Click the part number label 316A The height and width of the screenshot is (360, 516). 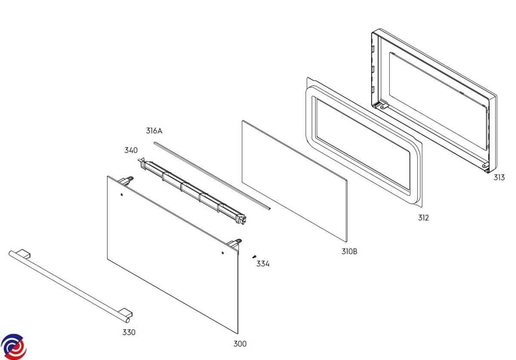click(x=154, y=131)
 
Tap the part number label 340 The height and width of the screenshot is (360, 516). click(x=131, y=150)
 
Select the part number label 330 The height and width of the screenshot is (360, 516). click(x=129, y=333)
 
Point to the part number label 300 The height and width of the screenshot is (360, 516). click(x=240, y=344)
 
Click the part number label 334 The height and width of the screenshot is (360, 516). click(x=263, y=264)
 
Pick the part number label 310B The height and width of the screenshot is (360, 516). click(x=349, y=252)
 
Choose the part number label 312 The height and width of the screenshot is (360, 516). click(x=424, y=218)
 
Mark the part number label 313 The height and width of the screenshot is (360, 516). click(x=499, y=177)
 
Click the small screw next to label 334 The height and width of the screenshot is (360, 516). click(x=254, y=256)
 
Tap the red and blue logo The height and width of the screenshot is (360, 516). click(x=13, y=347)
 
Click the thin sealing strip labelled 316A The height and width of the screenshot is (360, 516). click(x=212, y=176)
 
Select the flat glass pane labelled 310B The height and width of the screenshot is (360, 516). click(x=295, y=181)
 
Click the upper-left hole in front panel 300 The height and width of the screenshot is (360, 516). click(x=122, y=195)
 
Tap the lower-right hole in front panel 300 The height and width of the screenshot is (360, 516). click(x=223, y=253)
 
